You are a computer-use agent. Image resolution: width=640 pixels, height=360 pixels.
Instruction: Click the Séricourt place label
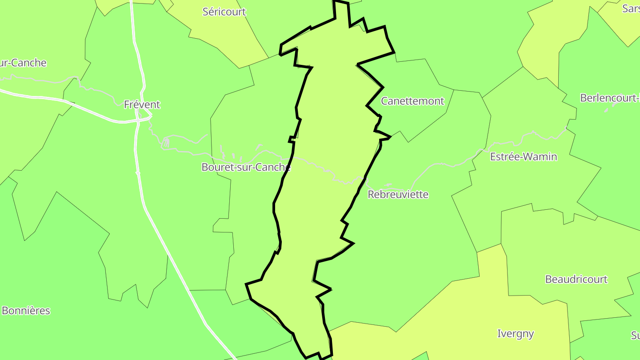click(224, 12)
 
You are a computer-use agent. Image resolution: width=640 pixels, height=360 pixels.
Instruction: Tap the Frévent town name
click(142, 105)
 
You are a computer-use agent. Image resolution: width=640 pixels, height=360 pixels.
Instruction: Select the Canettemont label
click(412, 101)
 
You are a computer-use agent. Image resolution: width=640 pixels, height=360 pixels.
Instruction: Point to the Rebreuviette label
click(398, 195)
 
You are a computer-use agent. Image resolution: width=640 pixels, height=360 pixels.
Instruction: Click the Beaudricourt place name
click(576, 280)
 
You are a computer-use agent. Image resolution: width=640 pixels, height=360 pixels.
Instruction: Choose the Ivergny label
click(515, 334)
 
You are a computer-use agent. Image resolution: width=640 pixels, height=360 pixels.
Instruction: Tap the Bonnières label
click(26, 311)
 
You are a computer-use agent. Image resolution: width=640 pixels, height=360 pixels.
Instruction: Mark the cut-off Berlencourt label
click(610, 98)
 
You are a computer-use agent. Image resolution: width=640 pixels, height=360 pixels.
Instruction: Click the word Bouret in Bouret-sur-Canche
click(216, 168)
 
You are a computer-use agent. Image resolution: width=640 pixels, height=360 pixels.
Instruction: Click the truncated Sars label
click(631, 8)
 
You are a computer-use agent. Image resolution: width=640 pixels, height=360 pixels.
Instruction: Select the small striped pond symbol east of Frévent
click(166, 143)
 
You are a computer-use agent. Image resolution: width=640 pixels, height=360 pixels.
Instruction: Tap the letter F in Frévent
click(127, 105)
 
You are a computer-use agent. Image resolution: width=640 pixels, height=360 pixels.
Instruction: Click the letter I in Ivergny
click(498, 334)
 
